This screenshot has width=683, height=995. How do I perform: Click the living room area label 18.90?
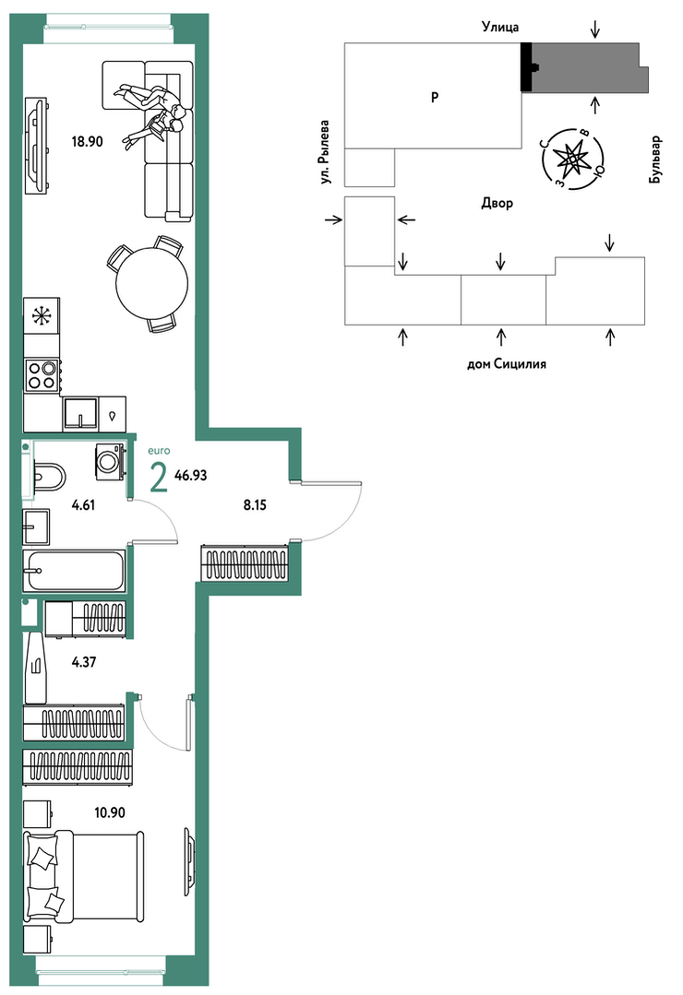point(87,141)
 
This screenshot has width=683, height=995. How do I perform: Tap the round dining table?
point(152,282)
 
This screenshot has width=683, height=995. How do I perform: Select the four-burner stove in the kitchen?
point(42,374)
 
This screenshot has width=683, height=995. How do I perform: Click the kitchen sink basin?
point(80,414)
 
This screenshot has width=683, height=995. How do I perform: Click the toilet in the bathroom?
point(48,477)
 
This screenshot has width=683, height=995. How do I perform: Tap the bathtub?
point(75,570)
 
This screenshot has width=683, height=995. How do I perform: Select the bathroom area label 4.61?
point(83,505)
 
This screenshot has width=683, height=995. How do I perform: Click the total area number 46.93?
point(191,475)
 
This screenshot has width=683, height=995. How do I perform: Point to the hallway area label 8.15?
point(255,505)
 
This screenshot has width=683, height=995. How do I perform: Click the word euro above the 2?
point(159,451)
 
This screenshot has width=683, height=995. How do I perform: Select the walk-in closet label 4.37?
point(84,662)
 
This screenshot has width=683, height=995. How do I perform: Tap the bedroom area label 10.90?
point(110,812)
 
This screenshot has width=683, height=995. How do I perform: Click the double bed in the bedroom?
point(83,877)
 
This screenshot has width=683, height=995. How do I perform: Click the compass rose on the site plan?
point(572,159)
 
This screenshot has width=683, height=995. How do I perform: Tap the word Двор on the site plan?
point(497,204)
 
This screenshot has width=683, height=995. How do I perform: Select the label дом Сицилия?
point(507,364)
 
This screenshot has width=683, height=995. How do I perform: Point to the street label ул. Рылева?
point(326,152)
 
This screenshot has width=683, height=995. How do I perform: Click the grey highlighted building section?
point(584,67)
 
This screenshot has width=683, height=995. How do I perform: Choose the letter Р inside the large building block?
point(435,97)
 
